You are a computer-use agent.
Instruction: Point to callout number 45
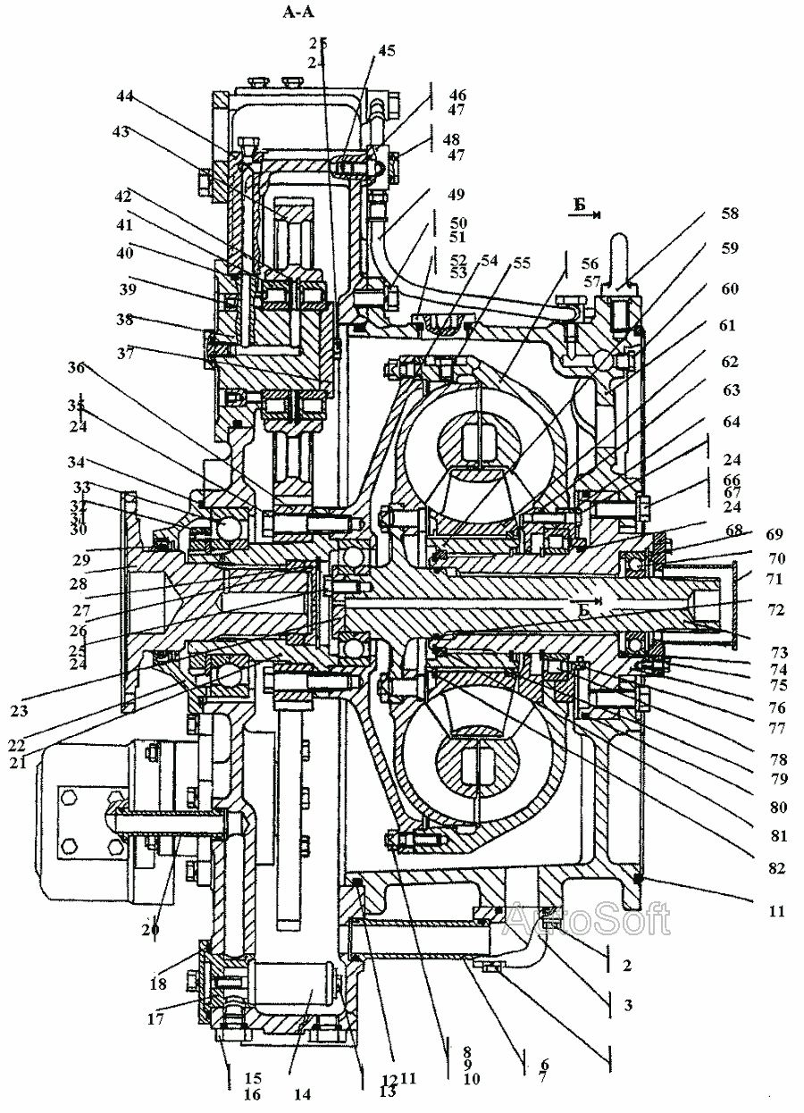387,51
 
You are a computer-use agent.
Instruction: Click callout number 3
627,1005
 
